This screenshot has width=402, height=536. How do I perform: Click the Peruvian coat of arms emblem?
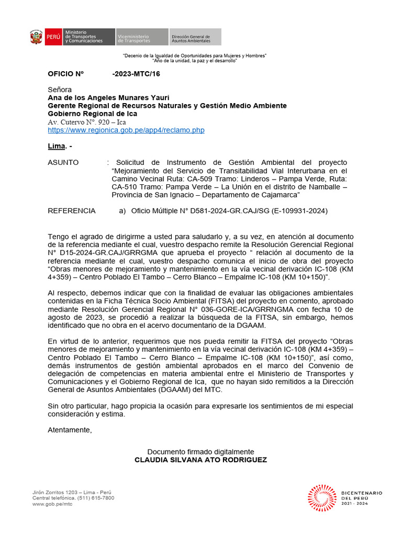[x=36, y=37]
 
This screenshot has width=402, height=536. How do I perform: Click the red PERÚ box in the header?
[x=53, y=37]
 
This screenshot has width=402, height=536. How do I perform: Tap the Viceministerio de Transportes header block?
[x=140, y=37]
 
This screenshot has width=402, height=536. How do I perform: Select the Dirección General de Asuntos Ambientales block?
[x=194, y=37]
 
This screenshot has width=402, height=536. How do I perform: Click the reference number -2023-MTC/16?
[x=136, y=74]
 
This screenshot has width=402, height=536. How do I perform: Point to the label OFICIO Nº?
[x=66, y=74]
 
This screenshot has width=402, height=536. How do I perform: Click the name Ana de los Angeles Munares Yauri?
[x=108, y=98]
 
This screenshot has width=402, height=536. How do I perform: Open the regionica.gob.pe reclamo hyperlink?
[x=126, y=130]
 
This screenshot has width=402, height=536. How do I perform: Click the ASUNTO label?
[x=63, y=163]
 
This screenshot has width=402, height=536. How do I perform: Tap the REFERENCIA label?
[x=72, y=211]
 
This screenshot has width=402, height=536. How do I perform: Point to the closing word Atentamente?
[x=70, y=430]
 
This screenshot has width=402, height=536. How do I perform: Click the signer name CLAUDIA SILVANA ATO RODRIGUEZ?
[x=200, y=460]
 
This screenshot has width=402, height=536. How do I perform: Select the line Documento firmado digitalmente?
[x=200, y=452]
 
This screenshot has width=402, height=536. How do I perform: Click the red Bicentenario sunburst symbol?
[x=322, y=498]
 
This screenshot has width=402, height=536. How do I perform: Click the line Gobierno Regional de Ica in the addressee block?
[x=92, y=114]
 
